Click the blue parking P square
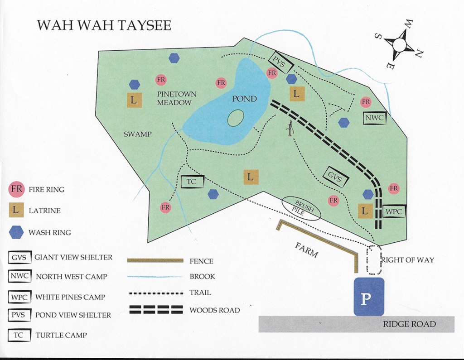click(x=368, y=297)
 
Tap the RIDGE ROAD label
click(x=409, y=324)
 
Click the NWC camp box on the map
click(x=375, y=118)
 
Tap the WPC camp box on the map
click(x=394, y=211)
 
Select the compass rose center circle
click(x=399, y=44)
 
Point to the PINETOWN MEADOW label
click(x=177, y=98)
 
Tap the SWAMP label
click(x=137, y=134)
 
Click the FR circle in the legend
click(x=17, y=189)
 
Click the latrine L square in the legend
click(x=17, y=211)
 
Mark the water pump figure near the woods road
click(x=290, y=128)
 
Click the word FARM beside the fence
click(x=306, y=250)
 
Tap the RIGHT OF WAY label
click(x=407, y=260)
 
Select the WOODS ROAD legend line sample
click(x=157, y=310)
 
